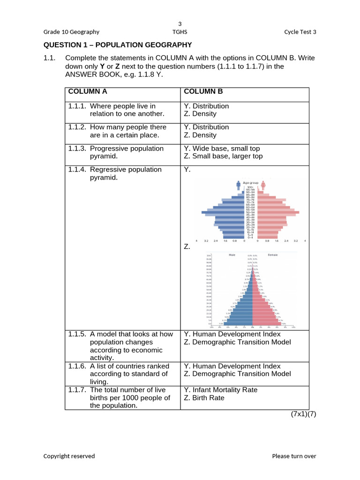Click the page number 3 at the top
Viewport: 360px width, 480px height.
tap(180, 23)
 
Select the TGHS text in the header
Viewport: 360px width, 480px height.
tap(180, 32)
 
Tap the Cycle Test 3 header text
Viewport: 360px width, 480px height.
tap(300, 32)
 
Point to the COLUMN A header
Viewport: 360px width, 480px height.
tap(88, 91)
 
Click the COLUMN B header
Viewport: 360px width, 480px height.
tap(203, 91)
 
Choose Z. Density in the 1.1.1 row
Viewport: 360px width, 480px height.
tap(200, 114)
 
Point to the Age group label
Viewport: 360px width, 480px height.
tap(251, 183)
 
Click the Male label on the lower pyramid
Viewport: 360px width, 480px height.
tap(232, 255)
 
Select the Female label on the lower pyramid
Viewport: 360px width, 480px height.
tap(272, 255)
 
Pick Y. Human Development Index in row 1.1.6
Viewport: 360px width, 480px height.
tap(232, 366)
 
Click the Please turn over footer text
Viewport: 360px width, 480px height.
tap(294, 456)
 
